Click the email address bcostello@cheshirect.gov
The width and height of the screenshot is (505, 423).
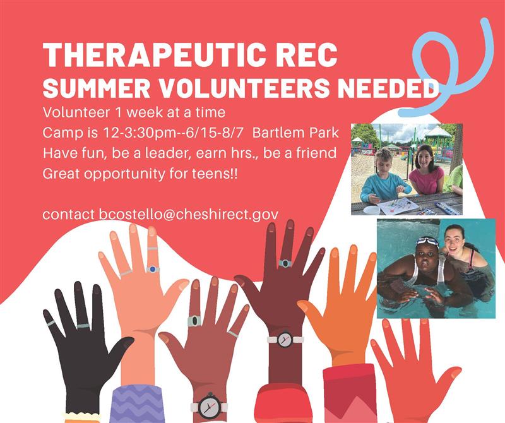(x=188, y=215)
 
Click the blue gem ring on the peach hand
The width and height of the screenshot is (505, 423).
(x=151, y=269)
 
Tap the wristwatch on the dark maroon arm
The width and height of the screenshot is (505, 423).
(x=285, y=339)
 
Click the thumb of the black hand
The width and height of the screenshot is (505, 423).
(x=120, y=346)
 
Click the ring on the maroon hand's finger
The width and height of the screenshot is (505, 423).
(x=285, y=263)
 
